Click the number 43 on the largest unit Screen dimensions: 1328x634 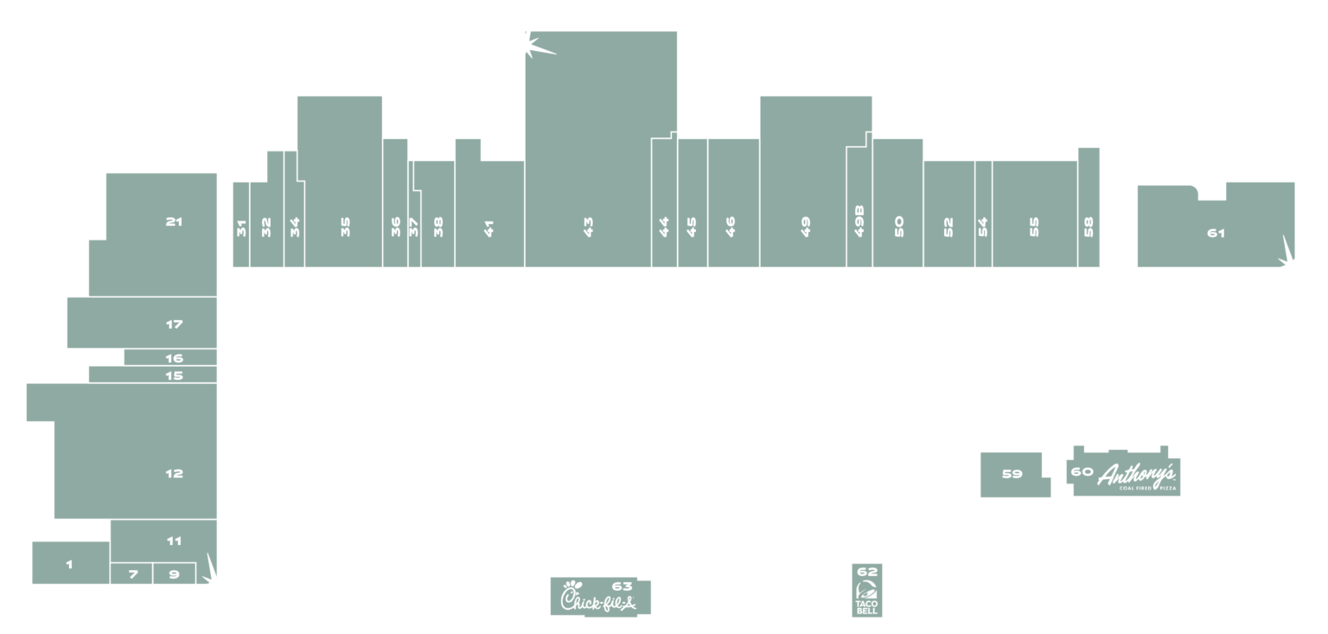pyautogui.click(x=588, y=227)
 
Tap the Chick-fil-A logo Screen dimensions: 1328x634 pyautogui.click(x=598, y=598)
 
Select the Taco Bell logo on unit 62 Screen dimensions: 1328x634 pyautogui.click(x=867, y=597)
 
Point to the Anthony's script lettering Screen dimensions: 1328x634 pyautogui.click(x=1136, y=475)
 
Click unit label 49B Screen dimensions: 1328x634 pyautogui.click(x=859, y=221)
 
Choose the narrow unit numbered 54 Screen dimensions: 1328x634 pyautogui.click(x=984, y=215)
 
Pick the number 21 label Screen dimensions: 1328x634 pyautogui.click(x=174, y=221)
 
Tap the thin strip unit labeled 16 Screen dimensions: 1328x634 pyautogui.click(x=170, y=357)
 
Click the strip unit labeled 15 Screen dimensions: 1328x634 pyautogui.click(x=153, y=375)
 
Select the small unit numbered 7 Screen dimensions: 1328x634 pyautogui.click(x=131, y=573)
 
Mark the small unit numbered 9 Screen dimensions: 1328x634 pyautogui.click(x=175, y=573)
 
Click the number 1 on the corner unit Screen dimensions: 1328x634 pyautogui.click(x=69, y=565)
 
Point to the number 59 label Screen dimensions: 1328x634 pyautogui.click(x=1012, y=474)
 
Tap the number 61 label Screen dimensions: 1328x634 pyautogui.click(x=1216, y=233)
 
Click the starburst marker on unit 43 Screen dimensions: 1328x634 pyautogui.click(x=538, y=44)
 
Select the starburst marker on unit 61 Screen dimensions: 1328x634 pyautogui.click(x=1286, y=252)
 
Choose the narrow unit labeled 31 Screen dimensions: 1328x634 pyautogui.click(x=240, y=225)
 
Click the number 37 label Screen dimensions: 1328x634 pyautogui.click(x=414, y=227)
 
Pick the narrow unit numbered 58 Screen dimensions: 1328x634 pyautogui.click(x=1089, y=208)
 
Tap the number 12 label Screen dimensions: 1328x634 pyautogui.click(x=174, y=473)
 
